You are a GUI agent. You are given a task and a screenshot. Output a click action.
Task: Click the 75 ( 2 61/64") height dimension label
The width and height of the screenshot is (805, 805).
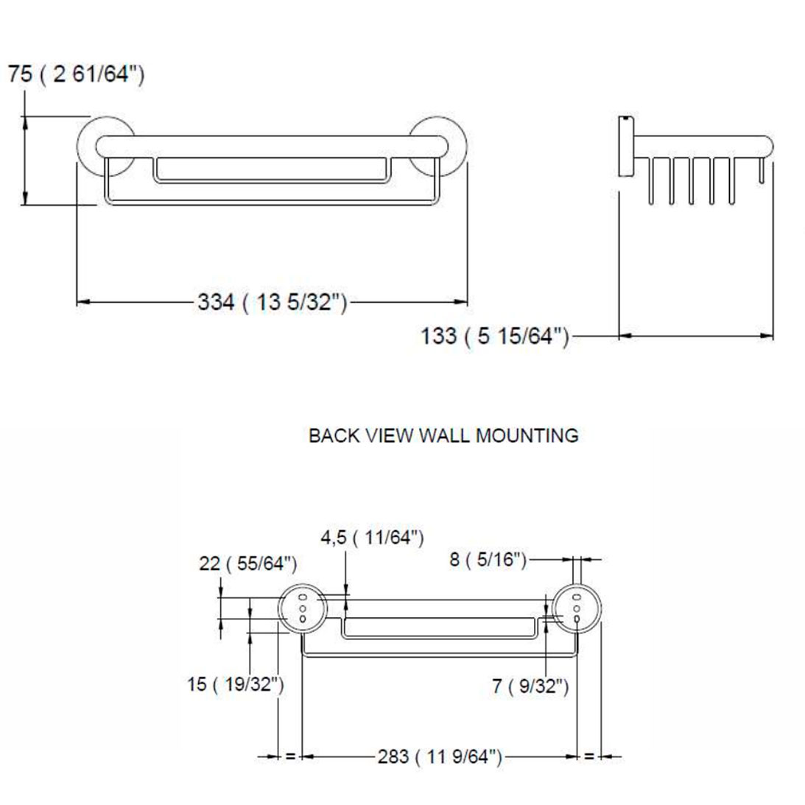click(76, 75)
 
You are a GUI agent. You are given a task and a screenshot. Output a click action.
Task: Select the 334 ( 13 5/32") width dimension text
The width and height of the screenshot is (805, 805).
click(272, 301)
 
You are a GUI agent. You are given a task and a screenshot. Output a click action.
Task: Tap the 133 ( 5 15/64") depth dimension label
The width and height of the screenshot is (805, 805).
click(495, 337)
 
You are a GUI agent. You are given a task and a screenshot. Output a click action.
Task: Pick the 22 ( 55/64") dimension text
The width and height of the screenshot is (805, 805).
click(248, 565)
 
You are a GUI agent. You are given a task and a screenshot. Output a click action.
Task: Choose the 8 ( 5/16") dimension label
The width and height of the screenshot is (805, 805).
click(488, 560)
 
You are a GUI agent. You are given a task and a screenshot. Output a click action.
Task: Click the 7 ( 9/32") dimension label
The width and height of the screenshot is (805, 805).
click(530, 686)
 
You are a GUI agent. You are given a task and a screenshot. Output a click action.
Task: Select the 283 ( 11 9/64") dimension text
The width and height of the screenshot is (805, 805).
click(440, 756)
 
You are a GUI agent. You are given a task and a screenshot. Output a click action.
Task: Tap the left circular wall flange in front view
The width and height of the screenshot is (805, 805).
click(105, 147)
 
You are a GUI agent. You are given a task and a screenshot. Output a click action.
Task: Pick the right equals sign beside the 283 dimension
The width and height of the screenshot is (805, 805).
click(588, 756)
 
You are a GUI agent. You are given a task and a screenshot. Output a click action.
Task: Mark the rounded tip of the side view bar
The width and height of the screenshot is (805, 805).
click(769, 146)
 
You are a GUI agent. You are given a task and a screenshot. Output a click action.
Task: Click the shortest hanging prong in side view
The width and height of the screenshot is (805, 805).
click(762, 171)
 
